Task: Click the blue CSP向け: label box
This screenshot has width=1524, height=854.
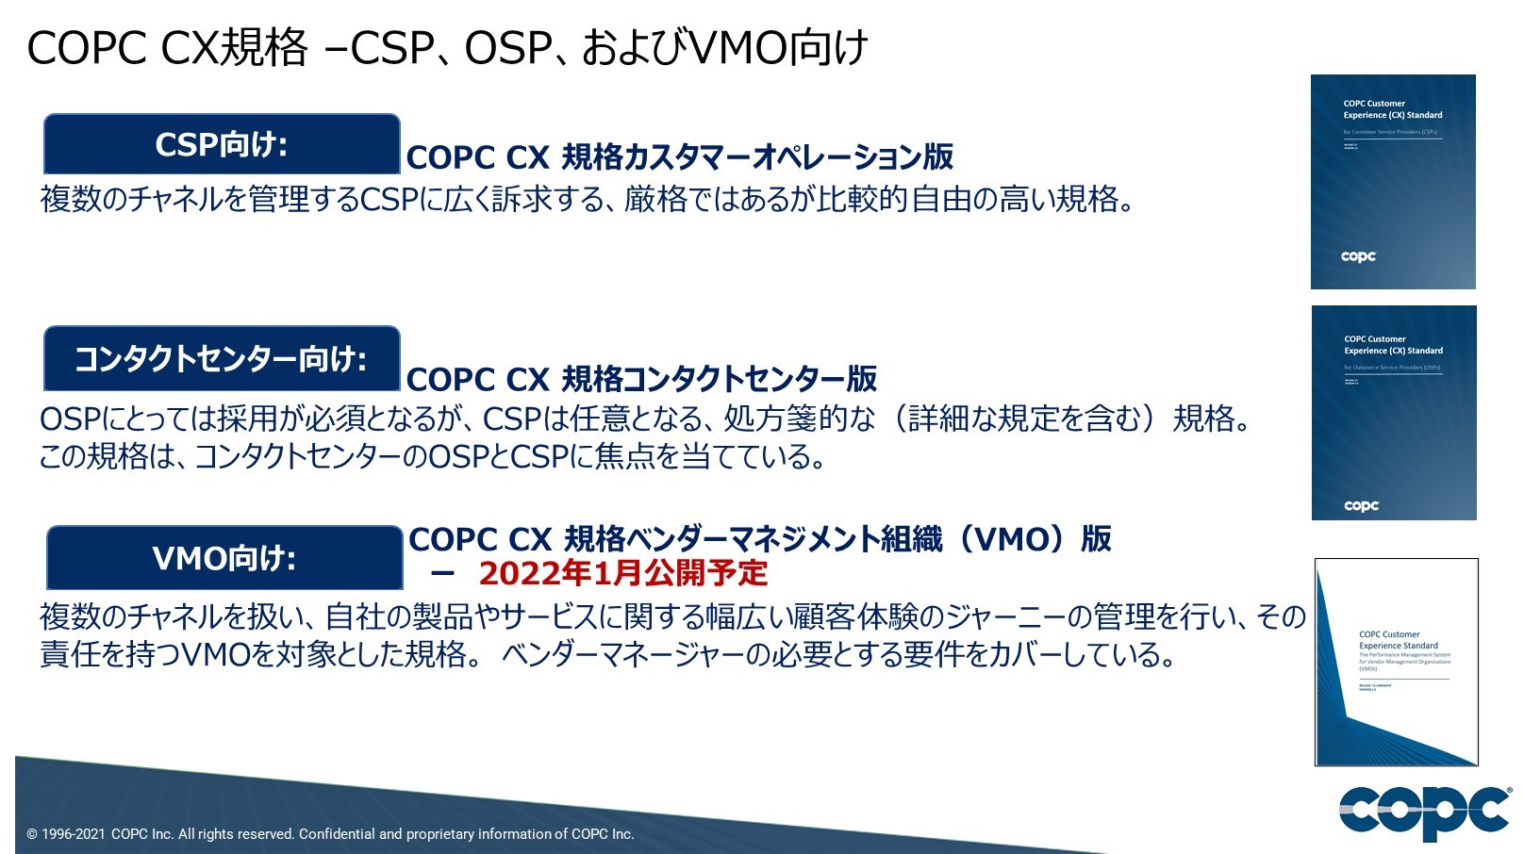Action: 222,144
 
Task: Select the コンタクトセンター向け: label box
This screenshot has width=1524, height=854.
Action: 222,359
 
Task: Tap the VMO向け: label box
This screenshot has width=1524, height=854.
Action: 224,558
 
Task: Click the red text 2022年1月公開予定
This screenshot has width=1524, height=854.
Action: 622,573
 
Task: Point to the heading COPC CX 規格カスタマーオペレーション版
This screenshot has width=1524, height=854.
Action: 679,157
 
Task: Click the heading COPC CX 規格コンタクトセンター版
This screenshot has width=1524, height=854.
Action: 641,379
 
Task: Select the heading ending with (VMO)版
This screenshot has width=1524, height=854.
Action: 759,539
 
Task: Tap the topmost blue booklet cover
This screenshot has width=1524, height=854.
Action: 1393,182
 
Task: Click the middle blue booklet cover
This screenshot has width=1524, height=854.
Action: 1394,413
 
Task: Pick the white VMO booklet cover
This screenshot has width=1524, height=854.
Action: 1396,662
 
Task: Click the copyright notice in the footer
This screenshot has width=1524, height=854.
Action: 330,834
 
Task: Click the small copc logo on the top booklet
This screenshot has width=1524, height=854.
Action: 1358,256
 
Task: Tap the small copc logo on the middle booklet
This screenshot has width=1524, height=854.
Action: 1361,506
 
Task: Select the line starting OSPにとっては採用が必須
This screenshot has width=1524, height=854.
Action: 645,419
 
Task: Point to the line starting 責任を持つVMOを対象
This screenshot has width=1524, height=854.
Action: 607,654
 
